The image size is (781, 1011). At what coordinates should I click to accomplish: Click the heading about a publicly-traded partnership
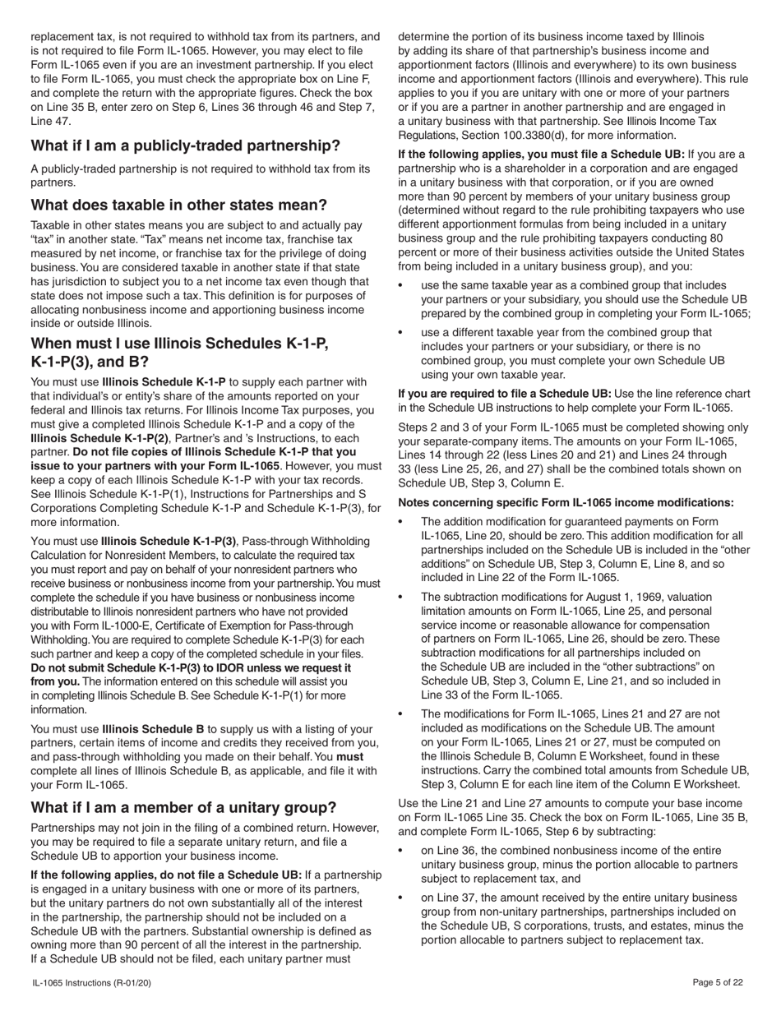[185, 145]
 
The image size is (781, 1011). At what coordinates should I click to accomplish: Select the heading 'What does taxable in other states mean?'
[178, 205]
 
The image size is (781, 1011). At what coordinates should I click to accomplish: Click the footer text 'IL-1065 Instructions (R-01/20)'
[91, 982]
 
